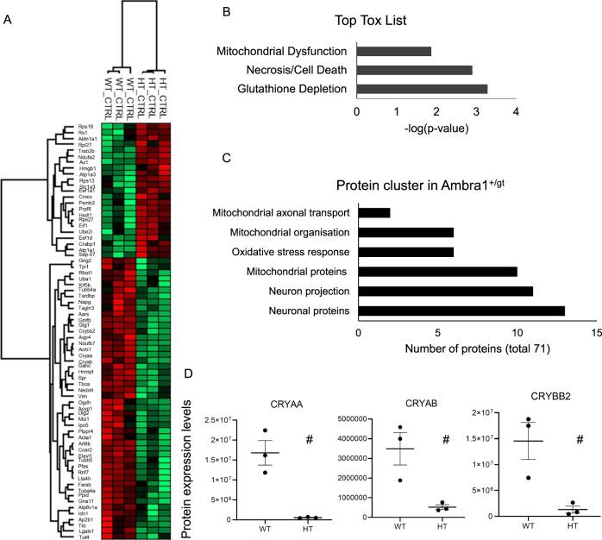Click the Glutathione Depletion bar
[x=422, y=88]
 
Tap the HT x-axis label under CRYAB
[x=419, y=526]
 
